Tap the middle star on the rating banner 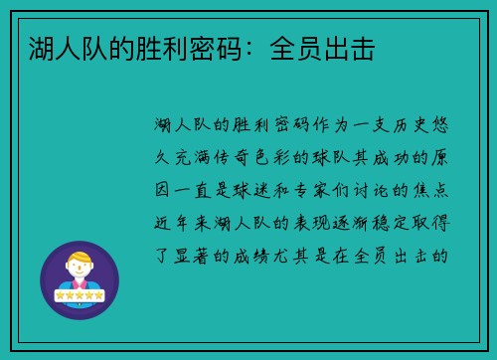pyautogui.click(x=80, y=296)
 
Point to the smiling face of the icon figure pyautogui.click(x=80, y=270)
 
